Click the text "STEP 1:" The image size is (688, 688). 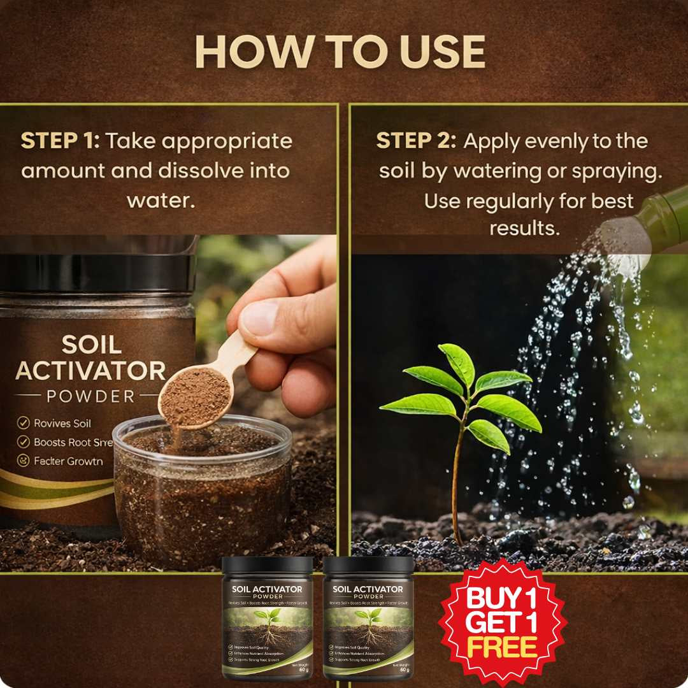coord(60,141)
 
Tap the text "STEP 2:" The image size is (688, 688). coord(415,141)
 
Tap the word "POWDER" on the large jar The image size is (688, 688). coord(90,396)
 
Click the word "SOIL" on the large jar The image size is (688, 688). coord(91,345)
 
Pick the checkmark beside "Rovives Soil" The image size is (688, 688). coord(24,423)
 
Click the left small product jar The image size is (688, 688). coord(267,618)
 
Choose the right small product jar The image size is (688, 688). coord(368,618)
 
